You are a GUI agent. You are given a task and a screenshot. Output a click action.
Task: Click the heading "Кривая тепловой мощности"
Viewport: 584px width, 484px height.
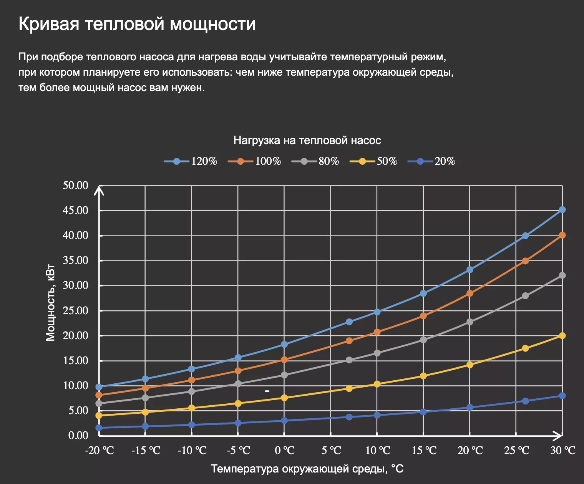click(137, 24)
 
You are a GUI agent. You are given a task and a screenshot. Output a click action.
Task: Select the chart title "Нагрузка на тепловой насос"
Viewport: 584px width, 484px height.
click(307, 141)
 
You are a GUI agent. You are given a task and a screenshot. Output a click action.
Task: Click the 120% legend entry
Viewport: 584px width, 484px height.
click(191, 161)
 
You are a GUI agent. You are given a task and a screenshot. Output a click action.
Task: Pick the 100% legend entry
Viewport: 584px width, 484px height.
click(254, 161)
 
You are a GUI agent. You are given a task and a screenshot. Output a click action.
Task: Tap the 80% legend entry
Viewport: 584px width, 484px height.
click(315, 161)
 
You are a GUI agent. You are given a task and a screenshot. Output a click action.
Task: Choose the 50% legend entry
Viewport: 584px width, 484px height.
click(373, 161)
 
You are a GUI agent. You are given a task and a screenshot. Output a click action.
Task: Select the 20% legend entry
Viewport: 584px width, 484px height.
click(431, 161)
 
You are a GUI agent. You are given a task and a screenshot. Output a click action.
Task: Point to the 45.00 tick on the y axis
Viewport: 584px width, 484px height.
click(76, 211)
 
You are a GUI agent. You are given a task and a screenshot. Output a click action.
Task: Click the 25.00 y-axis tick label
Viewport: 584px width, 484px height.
click(76, 311)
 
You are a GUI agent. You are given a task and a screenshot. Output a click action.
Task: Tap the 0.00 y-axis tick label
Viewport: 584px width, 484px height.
click(78, 436)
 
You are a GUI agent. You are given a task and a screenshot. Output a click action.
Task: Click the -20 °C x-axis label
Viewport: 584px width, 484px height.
click(100, 451)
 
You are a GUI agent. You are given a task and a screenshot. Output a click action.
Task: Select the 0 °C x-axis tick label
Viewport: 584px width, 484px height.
click(285, 451)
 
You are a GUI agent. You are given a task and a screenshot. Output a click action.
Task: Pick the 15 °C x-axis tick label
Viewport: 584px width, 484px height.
click(424, 451)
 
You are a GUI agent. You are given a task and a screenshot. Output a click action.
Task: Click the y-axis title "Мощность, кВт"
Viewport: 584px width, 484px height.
click(50, 303)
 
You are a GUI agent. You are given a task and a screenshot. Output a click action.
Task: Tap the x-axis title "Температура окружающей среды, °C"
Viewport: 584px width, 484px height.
click(307, 469)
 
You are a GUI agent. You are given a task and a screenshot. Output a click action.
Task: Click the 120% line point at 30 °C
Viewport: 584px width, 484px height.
click(562, 210)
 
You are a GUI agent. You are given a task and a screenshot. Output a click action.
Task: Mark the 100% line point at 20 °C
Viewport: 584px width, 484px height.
click(470, 293)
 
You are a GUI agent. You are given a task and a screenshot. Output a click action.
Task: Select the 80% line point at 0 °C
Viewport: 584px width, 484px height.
click(284, 375)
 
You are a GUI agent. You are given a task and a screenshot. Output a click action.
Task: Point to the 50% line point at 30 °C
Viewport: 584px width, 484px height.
click(562, 336)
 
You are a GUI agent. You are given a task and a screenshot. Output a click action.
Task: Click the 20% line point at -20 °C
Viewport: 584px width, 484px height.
click(99, 428)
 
